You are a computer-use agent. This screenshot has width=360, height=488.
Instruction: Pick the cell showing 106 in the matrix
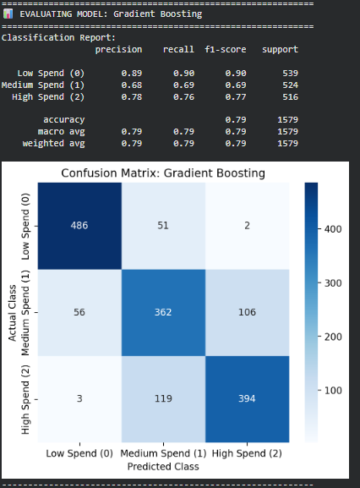tap(248, 311)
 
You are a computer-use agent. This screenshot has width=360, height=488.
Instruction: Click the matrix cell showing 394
tap(248, 398)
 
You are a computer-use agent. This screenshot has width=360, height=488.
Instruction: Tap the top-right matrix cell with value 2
tap(248, 226)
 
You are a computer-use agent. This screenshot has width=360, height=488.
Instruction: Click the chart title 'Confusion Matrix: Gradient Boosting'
tap(163, 173)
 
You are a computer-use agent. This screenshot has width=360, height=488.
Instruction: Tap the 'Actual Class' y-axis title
tap(13, 311)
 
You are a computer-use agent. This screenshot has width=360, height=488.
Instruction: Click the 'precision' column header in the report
tap(118, 50)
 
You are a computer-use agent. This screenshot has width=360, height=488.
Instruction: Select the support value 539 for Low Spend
tap(287, 74)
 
